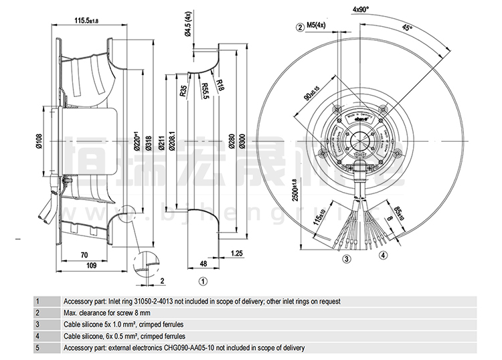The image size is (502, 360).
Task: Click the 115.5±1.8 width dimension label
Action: [x=84, y=21]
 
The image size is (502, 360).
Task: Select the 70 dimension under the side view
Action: [x=84, y=255]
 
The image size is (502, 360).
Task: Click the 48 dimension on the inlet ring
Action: [x=202, y=264]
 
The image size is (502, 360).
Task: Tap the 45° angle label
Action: [x=406, y=28]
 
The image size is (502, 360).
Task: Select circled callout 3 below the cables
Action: [x=347, y=258]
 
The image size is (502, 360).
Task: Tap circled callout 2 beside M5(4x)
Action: [x=299, y=26]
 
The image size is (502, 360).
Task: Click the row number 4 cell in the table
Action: [x=38, y=336]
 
